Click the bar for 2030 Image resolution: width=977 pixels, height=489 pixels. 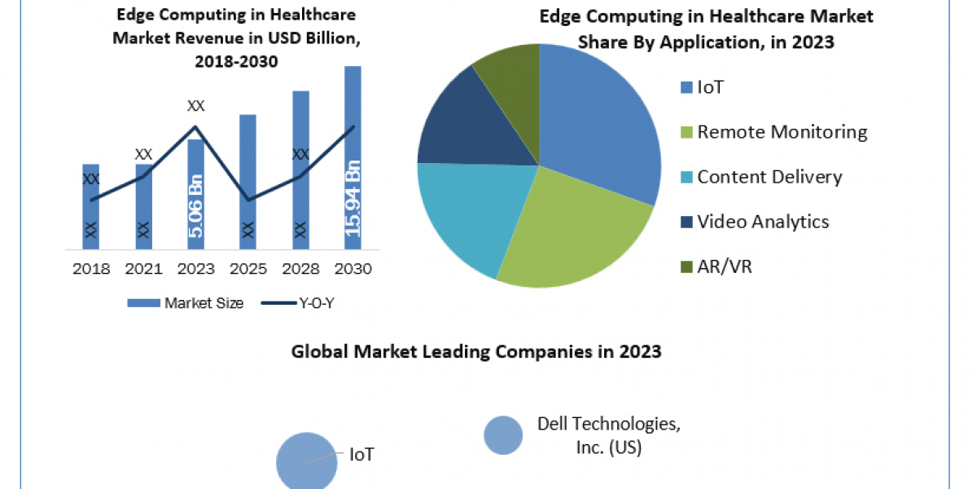pyautogui.click(x=353, y=155)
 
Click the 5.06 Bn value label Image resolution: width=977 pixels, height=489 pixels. pyautogui.click(x=196, y=206)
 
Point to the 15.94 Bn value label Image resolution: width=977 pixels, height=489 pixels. pyautogui.click(x=353, y=199)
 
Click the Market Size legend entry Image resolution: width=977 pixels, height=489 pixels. pyautogui.click(x=186, y=303)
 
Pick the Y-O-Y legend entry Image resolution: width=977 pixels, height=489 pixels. pyautogui.click(x=302, y=303)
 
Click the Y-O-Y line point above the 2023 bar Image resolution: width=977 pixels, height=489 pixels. pyautogui.click(x=195, y=126)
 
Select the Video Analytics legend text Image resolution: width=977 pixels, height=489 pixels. pyautogui.click(x=763, y=222)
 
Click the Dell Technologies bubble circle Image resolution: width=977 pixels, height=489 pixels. pyautogui.click(x=503, y=434)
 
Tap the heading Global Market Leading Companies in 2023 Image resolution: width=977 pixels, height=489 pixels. pyautogui.click(x=476, y=352)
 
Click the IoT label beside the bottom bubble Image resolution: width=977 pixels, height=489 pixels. pyautogui.click(x=361, y=454)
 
